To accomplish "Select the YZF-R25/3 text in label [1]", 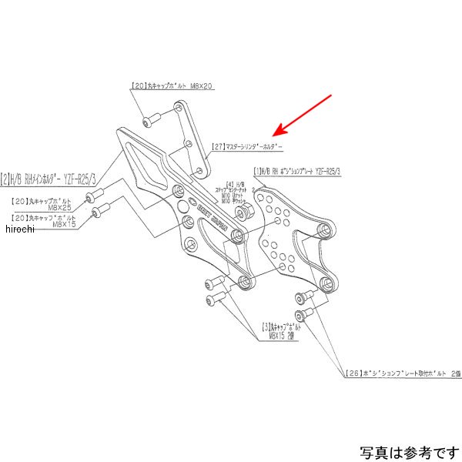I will (x=323, y=170).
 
